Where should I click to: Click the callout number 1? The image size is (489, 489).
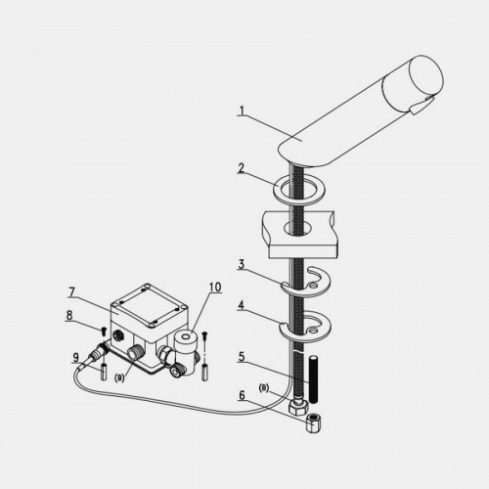point(242,111)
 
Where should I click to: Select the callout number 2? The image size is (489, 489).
point(242,168)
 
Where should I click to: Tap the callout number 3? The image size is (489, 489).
point(242,264)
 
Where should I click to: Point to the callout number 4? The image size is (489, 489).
point(242,305)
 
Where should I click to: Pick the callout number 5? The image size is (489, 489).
point(242,357)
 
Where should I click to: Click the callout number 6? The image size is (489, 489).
point(242,395)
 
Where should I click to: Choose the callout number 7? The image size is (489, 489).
point(71,292)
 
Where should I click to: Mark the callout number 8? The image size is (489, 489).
point(69,316)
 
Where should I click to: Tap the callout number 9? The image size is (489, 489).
point(75,358)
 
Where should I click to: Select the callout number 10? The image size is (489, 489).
point(215,288)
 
